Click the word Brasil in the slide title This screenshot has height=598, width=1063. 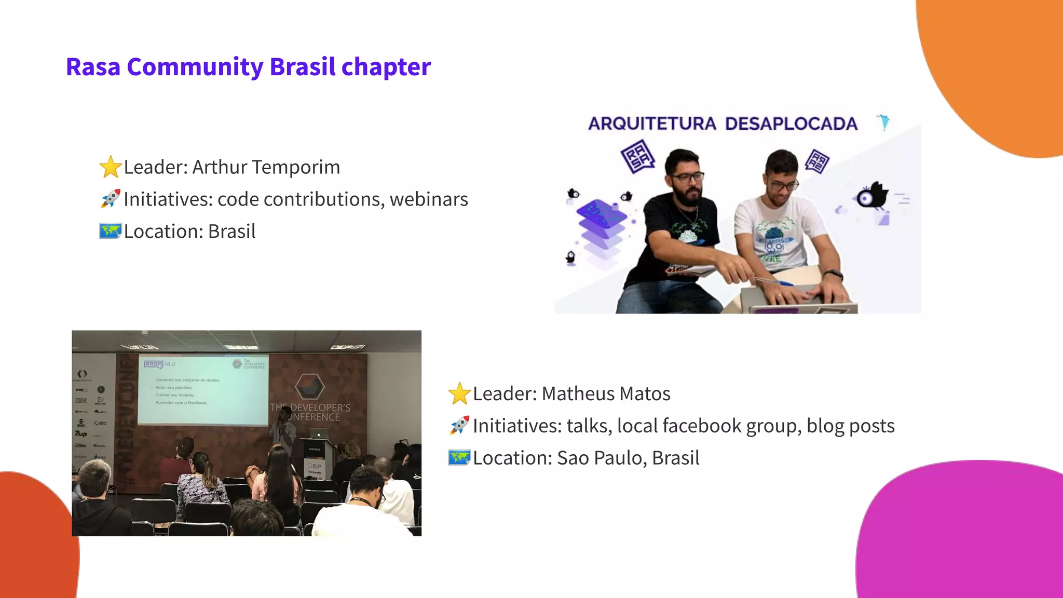(x=303, y=67)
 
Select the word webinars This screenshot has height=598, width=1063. (x=429, y=199)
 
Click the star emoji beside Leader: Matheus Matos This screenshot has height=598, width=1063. (x=459, y=393)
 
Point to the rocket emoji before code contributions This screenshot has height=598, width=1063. (x=111, y=199)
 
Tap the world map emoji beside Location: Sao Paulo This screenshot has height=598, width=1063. (x=459, y=458)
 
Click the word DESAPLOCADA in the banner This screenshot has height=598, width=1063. (x=791, y=124)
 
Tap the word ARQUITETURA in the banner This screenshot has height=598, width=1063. (x=652, y=124)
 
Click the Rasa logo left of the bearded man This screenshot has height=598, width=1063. (x=637, y=156)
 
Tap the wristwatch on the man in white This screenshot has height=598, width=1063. (x=833, y=275)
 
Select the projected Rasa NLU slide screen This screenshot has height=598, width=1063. (x=203, y=390)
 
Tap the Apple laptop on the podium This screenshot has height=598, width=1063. (x=318, y=433)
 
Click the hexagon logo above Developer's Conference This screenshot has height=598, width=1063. (x=309, y=387)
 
